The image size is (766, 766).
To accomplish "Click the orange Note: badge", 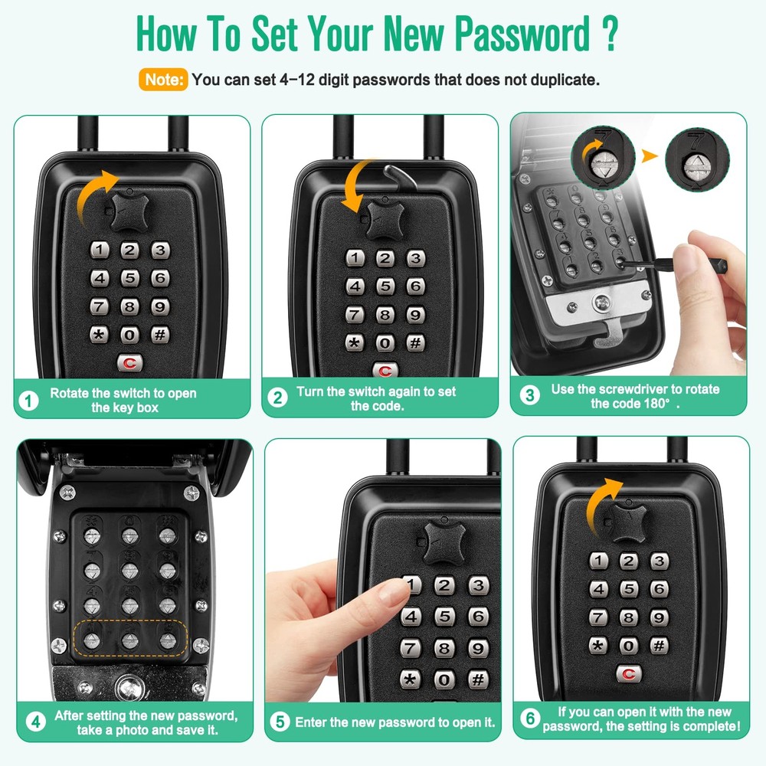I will (163, 79).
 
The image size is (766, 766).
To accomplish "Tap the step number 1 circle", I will (28, 401).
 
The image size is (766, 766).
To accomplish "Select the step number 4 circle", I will (34, 722).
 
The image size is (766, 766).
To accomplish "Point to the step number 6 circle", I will (529, 719).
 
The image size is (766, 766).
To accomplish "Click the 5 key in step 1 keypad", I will (129, 278).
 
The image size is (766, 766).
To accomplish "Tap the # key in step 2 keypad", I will (415, 343).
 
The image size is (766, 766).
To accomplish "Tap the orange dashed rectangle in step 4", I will (130, 637).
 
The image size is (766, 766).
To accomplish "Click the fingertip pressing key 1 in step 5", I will (395, 589).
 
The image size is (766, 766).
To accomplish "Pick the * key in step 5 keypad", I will (411, 679).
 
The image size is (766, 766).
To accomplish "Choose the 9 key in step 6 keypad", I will (659, 617).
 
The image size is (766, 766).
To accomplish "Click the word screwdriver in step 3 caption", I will (624, 389).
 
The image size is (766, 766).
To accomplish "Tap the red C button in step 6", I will (629, 673).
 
